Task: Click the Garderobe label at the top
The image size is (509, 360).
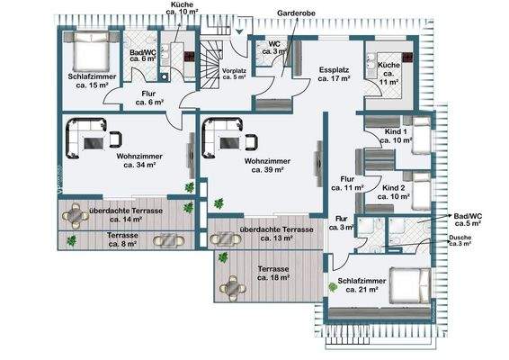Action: pos(296,13)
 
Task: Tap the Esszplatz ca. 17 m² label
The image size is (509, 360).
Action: pos(334,74)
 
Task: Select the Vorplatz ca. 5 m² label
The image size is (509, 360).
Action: pos(234,74)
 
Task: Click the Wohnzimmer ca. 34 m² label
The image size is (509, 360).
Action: pos(139,160)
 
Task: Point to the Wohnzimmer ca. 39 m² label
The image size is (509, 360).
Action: pos(267,166)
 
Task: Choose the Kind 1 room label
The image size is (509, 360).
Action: pos(396,136)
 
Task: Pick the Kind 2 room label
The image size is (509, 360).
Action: pos(393,192)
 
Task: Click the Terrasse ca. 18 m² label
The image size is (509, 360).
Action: pos(273,274)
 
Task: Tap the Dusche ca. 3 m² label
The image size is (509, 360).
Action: pos(460,240)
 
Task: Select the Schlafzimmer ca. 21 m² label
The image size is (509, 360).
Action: pos(362,285)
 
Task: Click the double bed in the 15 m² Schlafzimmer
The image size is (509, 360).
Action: pos(91,51)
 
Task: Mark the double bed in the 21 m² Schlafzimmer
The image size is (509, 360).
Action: pos(410,285)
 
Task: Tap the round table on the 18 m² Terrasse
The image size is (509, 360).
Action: pos(232,288)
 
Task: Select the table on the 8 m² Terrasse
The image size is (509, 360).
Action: pos(169,240)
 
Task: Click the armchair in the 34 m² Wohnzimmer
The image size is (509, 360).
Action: pos(116,139)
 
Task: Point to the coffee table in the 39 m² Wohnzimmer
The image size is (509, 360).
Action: pos(230,143)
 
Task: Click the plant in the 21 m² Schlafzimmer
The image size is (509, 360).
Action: pos(333,287)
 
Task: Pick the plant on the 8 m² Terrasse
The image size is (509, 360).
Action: pos(71,241)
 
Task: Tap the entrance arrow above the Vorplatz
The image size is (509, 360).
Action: pos(239,31)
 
